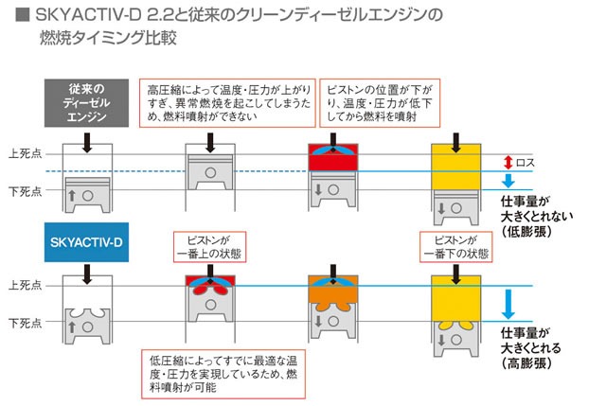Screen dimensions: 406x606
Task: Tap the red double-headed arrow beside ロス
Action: [x=508, y=162]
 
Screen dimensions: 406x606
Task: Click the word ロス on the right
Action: [x=526, y=163]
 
